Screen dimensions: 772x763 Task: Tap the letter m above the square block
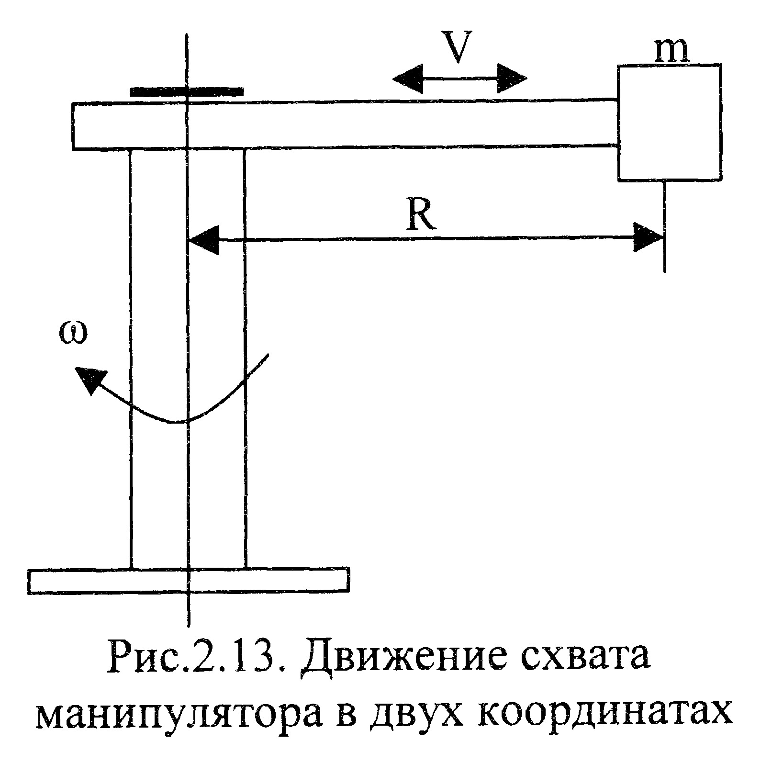coord(671,52)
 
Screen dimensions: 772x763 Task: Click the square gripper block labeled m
coord(670,123)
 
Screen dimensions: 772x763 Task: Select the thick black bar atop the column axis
coord(187,91)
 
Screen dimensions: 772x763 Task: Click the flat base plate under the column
coord(189,581)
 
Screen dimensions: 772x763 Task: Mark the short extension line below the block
coord(665,226)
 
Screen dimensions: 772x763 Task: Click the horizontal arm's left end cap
coord(73,125)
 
